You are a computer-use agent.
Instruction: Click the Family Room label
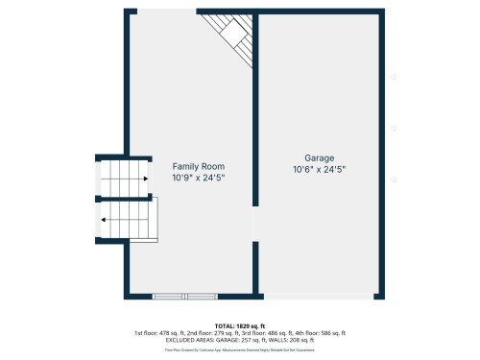pos(199,167)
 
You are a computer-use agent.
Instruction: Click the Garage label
pos(320,158)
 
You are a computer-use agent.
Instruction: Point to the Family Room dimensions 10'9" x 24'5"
pos(199,179)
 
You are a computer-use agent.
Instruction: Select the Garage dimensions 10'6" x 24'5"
pos(320,170)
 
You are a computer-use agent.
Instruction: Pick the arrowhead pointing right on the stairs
pos(144,179)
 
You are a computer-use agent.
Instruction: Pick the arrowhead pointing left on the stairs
pos(104,220)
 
